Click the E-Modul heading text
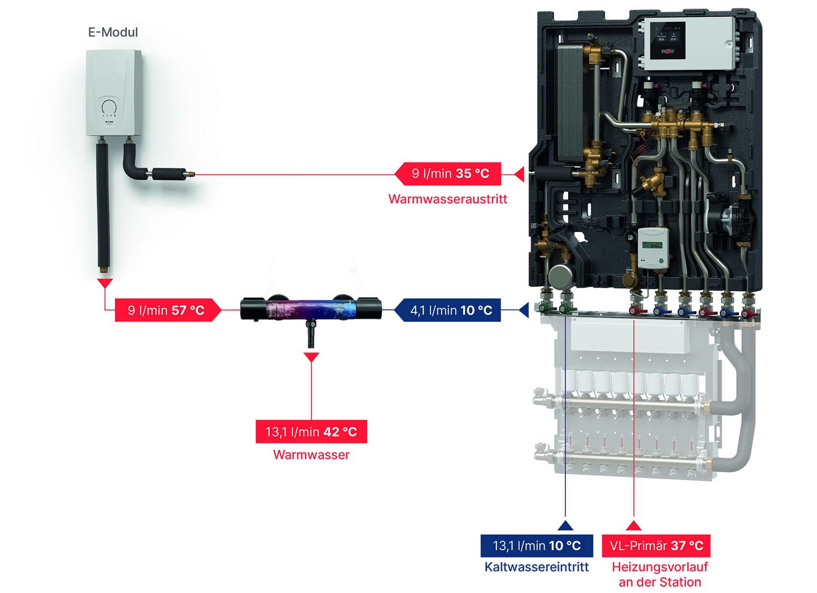113,32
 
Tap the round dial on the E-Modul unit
109,107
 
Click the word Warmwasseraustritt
448,199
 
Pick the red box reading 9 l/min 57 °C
166,310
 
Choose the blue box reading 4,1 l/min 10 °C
451,310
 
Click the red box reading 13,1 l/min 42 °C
311,432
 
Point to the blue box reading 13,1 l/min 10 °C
536,546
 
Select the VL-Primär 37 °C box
656,546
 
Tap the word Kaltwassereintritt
536,567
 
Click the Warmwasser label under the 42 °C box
311,455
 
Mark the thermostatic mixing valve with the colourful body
310,308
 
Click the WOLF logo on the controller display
667,51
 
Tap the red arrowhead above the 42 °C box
311,357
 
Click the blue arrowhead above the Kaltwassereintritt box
565,526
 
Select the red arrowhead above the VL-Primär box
634,526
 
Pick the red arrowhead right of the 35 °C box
520,174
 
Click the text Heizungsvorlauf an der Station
660,574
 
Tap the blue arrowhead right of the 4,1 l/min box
524,310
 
